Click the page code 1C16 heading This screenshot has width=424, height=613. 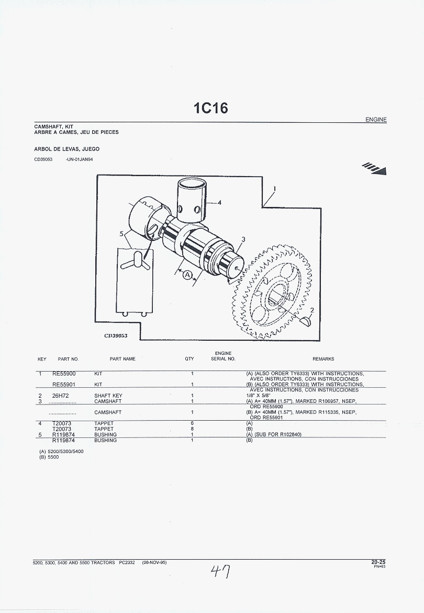coord(210,108)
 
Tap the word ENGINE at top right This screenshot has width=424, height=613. coord(376,120)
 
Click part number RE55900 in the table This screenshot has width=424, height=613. coord(64,374)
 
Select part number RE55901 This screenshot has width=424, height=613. coord(64,385)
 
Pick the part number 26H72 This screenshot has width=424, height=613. coord(60,396)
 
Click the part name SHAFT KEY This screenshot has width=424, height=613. coord(108,396)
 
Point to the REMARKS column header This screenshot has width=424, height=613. coord(323,359)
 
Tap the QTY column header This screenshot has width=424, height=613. coord(189,359)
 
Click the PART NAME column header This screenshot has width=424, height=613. coord(122,359)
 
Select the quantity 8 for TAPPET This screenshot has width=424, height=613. coord(192,429)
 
